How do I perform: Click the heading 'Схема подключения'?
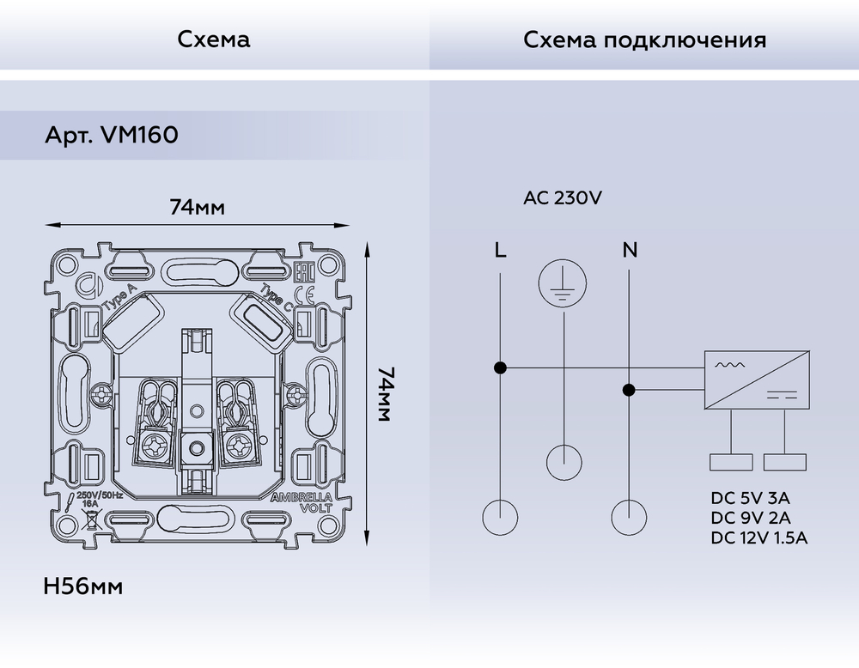(x=644, y=40)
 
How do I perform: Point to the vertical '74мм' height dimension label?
(x=386, y=394)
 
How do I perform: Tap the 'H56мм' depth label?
(x=82, y=587)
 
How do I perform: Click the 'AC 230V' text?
(x=563, y=198)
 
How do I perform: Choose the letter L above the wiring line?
(x=500, y=251)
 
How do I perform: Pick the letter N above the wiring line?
(x=630, y=251)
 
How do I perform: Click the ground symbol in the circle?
(x=563, y=285)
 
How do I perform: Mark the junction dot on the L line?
(x=500, y=368)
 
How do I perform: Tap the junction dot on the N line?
(x=629, y=390)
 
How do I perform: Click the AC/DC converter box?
(x=757, y=380)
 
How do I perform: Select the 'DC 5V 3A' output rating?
(x=750, y=498)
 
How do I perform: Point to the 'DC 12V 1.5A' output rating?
(x=759, y=538)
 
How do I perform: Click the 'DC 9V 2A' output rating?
(x=750, y=518)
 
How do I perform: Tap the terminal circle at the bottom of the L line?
(x=500, y=518)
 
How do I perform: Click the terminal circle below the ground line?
(x=563, y=462)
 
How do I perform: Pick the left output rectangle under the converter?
(x=731, y=462)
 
